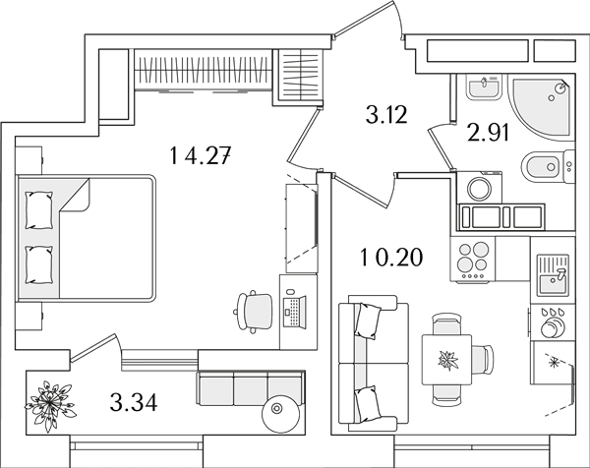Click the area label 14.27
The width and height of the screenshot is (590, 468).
[x=200, y=155]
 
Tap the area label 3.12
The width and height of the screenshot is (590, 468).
[x=386, y=115]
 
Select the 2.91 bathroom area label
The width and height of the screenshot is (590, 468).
[x=489, y=133]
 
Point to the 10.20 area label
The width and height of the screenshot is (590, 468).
[x=391, y=258]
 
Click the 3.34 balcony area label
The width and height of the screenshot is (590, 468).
[x=134, y=402]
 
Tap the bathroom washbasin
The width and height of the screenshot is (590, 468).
[x=484, y=87]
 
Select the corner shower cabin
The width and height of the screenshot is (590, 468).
[x=542, y=107]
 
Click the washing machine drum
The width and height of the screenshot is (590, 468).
[x=479, y=188]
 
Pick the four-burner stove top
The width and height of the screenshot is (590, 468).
[x=473, y=259]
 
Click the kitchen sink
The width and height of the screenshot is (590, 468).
[x=553, y=274]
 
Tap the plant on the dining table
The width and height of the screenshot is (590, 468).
[x=448, y=360]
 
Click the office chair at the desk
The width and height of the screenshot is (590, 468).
[x=254, y=312]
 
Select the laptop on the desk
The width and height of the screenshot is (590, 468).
[x=294, y=311]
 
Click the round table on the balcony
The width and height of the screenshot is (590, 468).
[x=280, y=413]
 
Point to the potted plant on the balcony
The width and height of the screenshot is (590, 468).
[x=50, y=405]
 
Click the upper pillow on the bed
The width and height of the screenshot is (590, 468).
[x=38, y=210]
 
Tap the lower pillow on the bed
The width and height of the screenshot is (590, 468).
[x=38, y=264]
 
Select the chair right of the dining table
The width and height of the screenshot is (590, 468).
[x=482, y=360]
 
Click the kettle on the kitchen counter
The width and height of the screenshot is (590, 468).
[x=552, y=324]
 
